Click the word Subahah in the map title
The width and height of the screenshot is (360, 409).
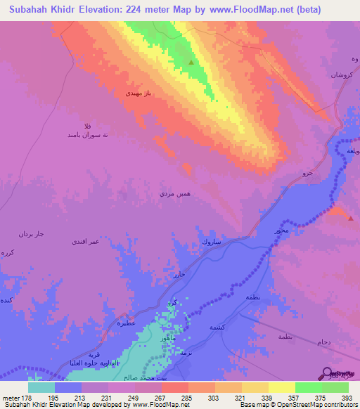[x=33, y=9]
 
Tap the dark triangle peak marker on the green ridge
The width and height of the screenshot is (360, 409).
[x=191, y=63]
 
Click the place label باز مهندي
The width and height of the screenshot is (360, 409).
[x=139, y=92]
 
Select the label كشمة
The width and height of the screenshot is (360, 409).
[x=216, y=327]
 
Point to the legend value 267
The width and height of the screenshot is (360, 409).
[x=160, y=398]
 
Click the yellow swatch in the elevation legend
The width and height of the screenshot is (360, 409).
[x=282, y=387]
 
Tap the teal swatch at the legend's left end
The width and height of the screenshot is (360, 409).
[x=41, y=387]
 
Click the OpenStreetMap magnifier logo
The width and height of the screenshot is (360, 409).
[x=327, y=372]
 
